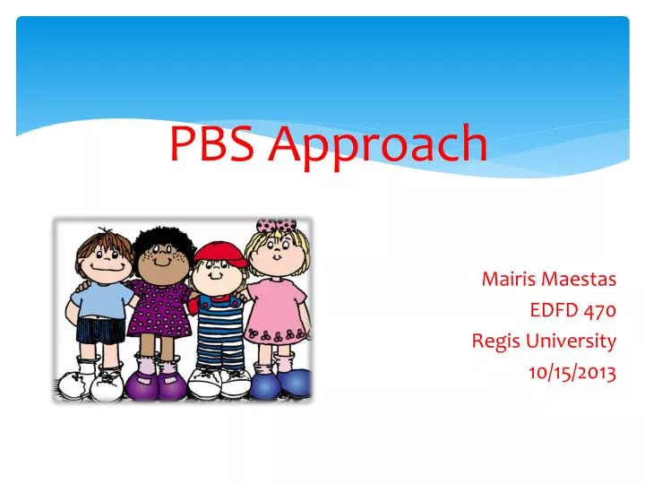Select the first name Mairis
507,279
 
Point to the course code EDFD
554,310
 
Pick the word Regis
494,341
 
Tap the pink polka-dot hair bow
275,224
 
